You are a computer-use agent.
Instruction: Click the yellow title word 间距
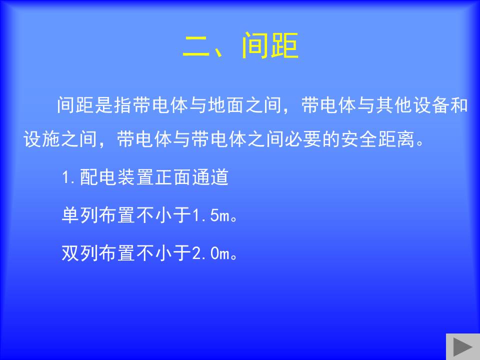click(x=269, y=45)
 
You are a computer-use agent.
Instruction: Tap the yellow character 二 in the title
click(x=196, y=46)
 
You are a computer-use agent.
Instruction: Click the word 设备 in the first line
click(x=431, y=105)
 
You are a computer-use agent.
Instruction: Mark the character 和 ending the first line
click(x=459, y=105)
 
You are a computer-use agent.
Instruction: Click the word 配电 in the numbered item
click(x=98, y=177)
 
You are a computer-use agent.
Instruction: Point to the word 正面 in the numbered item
click(x=173, y=177)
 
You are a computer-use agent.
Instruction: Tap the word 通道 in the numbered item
click(x=210, y=177)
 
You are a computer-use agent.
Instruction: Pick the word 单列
click(x=80, y=215)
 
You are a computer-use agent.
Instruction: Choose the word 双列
click(x=80, y=253)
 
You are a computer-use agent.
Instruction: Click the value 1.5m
click(x=211, y=215)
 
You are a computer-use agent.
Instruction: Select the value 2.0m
click(x=211, y=253)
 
